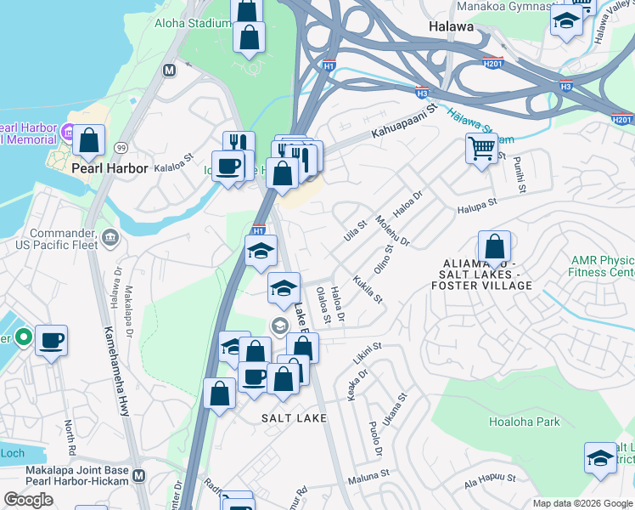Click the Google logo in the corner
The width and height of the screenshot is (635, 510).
click(x=29, y=500)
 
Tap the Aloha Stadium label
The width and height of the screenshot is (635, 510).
click(x=192, y=23)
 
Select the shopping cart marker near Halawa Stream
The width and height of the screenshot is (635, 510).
click(x=482, y=150)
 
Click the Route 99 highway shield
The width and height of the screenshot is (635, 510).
click(x=121, y=148)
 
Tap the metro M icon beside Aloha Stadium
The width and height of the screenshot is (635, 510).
click(x=169, y=71)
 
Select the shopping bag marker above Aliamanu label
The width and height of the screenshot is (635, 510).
click(x=494, y=247)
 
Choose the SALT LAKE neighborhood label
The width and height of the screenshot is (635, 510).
click(x=293, y=418)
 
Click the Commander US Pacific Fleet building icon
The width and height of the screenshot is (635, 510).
click(x=110, y=238)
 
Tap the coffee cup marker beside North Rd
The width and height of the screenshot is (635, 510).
click(x=51, y=340)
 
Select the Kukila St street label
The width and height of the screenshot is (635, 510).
click(x=368, y=287)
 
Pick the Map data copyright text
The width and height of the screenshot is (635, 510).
click(x=582, y=503)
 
